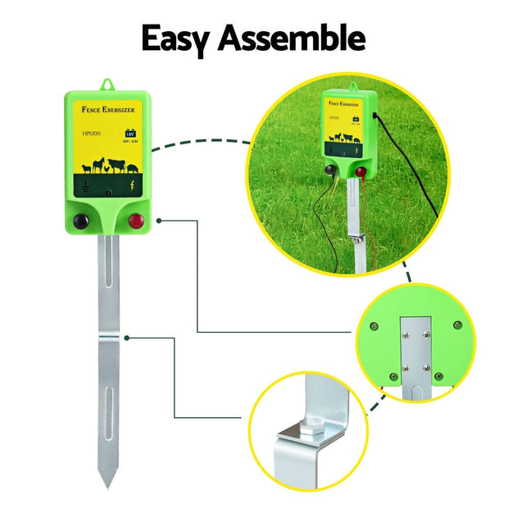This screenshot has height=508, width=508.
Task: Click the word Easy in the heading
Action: pyautogui.click(x=179, y=38)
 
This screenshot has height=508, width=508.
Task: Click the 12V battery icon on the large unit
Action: pyautogui.click(x=130, y=134)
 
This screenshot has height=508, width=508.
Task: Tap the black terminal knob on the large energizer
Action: pyautogui.click(x=80, y=220)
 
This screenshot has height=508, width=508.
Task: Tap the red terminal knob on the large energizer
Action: pyautogui.click(x=135, y=220)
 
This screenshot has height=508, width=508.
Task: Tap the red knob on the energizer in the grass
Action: pyautogui.click(x=361, y=171)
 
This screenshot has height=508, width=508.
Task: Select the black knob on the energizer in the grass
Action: pyautogui.click(x=329, y=170)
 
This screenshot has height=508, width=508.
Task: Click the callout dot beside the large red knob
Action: pyautogui.click(x=158, y=220)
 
